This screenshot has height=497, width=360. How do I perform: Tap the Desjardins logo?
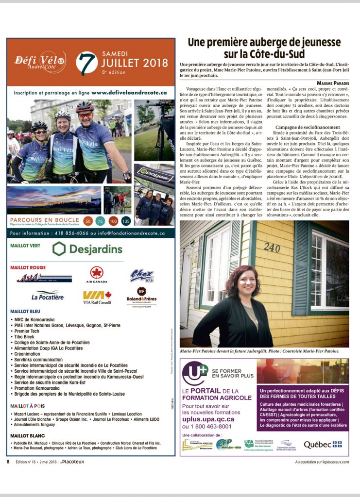click(x=87, y=249)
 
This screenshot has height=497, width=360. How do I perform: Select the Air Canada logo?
click(x=97, y=275)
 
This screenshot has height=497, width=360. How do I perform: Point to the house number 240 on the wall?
click(x=272, y=247)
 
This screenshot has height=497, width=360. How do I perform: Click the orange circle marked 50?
click(x=87, y=221)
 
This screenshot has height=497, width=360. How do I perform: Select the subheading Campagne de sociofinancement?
click(x=302, y=127)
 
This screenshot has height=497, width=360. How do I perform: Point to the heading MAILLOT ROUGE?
click(x=28, y=267)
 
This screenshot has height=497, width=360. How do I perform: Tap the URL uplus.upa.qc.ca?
click(x=208, y=419)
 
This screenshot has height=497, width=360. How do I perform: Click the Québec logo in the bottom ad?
click(x=322, y=445)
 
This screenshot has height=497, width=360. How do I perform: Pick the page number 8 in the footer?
click(x=8, y=462)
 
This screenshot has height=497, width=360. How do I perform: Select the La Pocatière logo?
click(x=48, y=296)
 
